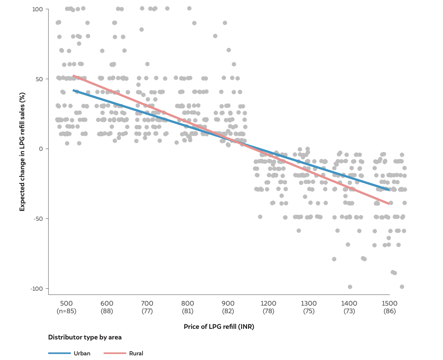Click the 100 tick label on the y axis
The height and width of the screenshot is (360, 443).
pos(37,9)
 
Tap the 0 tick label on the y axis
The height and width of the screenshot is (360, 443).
pos(41,149)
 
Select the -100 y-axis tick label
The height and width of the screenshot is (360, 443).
pos(36,288)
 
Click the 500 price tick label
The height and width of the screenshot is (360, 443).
pos(66,303)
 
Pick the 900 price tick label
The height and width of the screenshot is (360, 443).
pos(228,303)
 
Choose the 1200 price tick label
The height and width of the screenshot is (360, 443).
pos(268,303)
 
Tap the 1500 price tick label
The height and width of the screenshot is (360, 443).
pos(390,303)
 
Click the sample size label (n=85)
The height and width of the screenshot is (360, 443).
pos(66,311)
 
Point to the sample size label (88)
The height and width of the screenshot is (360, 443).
pos(107,311)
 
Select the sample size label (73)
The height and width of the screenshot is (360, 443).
pos(349,311)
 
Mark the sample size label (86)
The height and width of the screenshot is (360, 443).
pos(390,311)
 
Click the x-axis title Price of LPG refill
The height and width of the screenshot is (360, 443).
pos(219,327)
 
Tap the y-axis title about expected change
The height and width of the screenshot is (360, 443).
pos(22,151)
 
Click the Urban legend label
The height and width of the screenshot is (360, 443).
pos(82,353)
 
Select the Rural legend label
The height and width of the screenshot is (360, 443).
pos(136,353)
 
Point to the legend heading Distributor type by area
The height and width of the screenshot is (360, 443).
pos(85,337)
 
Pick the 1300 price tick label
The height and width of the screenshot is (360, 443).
pos(309,303)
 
